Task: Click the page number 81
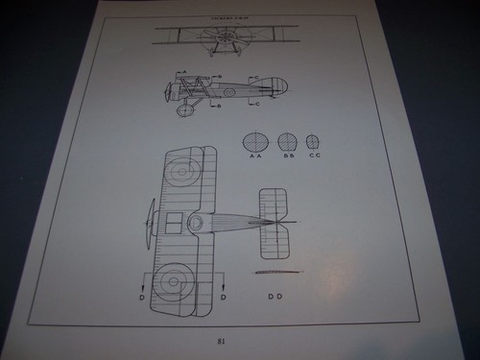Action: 222,339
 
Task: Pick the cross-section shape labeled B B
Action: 288,141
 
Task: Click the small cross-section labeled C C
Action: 313,141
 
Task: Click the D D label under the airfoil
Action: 276,295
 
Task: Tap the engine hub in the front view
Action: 227,39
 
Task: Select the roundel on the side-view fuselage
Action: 230,92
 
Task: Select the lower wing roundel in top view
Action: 172,280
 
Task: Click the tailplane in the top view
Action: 276,223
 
